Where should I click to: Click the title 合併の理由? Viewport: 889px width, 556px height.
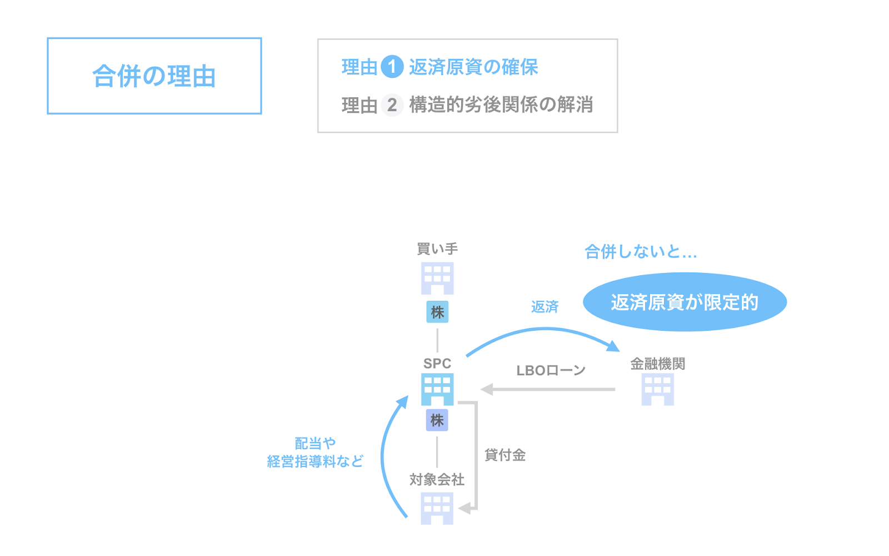click(154, 76)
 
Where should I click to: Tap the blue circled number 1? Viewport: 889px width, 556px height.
click(392, 67)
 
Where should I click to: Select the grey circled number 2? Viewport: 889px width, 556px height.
click(392, 105)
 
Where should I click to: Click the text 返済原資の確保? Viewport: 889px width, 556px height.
click(473, 67)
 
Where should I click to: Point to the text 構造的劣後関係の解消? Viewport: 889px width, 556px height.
click(501, 105)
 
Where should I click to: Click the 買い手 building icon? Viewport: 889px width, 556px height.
click(437, 278)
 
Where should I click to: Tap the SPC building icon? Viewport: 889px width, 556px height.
click(437, 389)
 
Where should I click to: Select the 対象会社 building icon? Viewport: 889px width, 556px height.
click(437, 508)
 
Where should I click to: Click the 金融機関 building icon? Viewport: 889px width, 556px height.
click(658, 389)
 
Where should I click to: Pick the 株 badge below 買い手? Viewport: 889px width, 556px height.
click(437, 312)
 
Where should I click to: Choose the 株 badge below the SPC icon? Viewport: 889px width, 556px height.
click(437, 420)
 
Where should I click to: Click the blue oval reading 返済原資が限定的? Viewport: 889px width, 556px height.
click(685, 302)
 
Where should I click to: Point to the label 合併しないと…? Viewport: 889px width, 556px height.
click(641, 252)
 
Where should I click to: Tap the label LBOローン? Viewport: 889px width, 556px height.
click(551, 370)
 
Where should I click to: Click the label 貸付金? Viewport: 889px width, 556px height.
click(505, 455)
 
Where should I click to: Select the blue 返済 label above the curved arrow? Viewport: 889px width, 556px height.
click(545, 306)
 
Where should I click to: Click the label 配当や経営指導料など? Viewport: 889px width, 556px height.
click(315, 453)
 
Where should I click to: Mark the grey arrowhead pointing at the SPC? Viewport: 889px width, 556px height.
click(487, 389)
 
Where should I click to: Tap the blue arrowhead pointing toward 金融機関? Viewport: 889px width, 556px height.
click(613, 346)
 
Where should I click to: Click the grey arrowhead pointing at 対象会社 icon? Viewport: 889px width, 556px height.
click(465, 508)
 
